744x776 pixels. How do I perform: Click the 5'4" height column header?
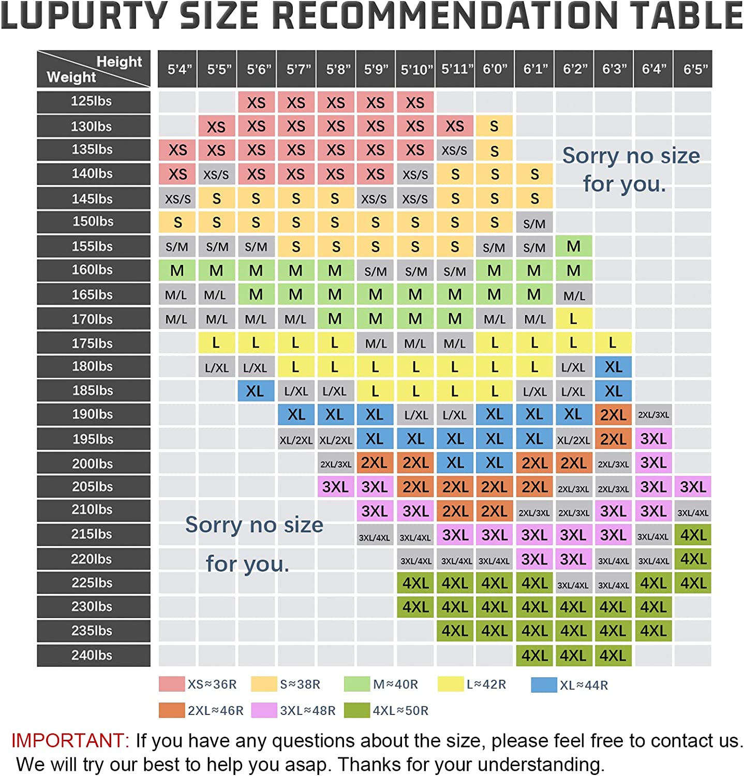(x=177, y=69)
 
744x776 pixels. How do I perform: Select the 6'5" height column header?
(x=693, y=69)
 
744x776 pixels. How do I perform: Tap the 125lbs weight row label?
(x=93, y=101)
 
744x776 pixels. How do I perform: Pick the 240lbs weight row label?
(x=93, y=655)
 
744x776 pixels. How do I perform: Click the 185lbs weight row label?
(x=93, y=391)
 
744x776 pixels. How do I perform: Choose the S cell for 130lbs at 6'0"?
(x=494, y=126)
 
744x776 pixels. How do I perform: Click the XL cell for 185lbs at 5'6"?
(x=256, y=391)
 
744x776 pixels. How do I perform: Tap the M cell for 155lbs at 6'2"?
(x=573, y=247)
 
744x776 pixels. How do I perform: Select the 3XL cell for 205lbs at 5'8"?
(x=335, y=487)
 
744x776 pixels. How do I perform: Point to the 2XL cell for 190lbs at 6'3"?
(x=613, y=415)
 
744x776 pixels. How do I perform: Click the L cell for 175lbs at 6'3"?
(x=613, y=342)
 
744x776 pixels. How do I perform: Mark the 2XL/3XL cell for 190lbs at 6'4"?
(x=653, y=415)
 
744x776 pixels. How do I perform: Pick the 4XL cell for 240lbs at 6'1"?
(x=534, y=655)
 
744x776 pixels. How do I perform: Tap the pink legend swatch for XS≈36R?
(x=171, y=684)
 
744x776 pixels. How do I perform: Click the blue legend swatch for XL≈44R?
(x=544, y=684)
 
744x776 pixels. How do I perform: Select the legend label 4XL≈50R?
(x=401, y=710)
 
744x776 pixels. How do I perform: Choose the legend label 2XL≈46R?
(x=215, y=710)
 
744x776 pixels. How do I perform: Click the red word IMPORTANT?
(x=70, y=740)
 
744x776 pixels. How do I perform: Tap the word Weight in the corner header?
(x=71, y=77)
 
